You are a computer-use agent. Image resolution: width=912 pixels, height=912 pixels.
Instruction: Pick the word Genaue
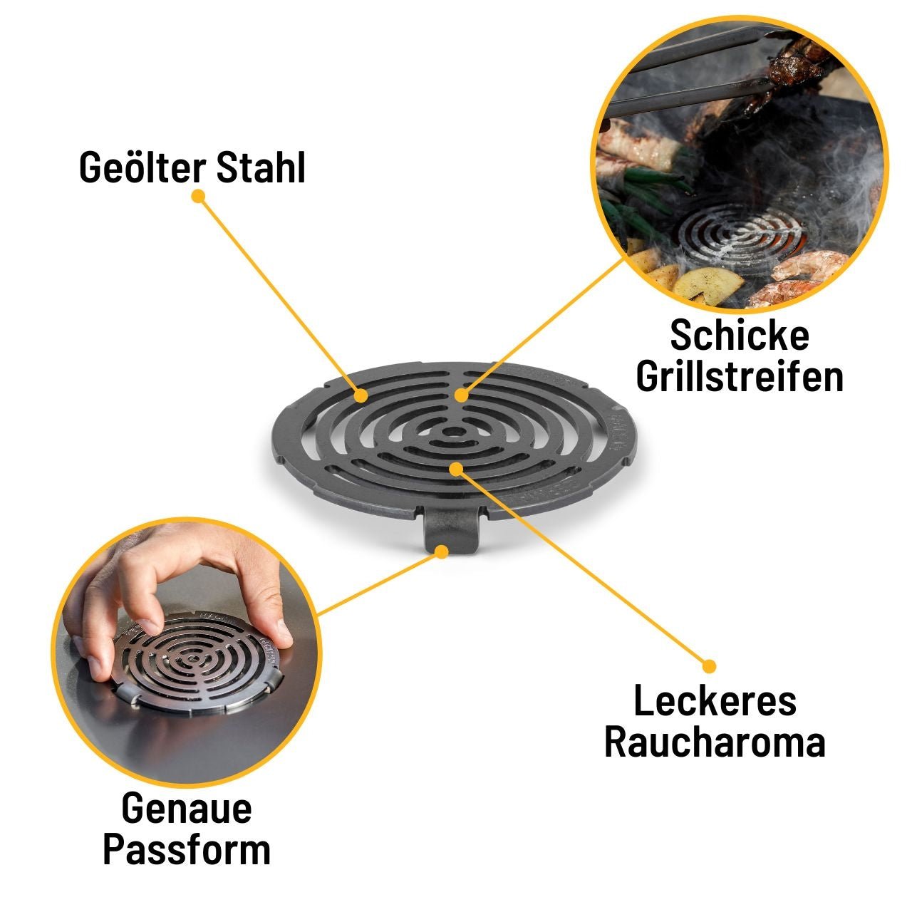pyautogui.click(x=187, y=809)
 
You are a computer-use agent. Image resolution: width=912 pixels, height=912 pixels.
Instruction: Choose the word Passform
pyautogui.click(x=187, y=850)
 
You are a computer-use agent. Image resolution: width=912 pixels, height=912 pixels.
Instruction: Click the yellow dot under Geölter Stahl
pyautogui.click(x=198, y=195)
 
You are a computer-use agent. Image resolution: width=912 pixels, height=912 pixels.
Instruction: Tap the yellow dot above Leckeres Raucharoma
pyautogui.click(x=709, y=666)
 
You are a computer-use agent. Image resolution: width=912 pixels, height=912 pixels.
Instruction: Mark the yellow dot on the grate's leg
pyautogui.click(x=442, y=551)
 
